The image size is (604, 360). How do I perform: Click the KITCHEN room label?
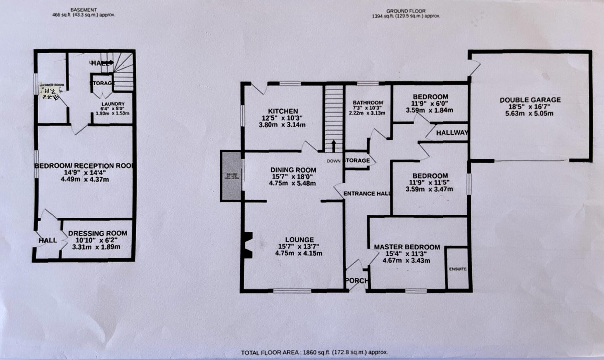coord(283,111)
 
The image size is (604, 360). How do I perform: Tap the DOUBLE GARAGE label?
coord(530,100)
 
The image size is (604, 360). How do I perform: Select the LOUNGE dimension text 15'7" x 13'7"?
coord(299,246)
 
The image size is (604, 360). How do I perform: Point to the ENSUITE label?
coord(458,269)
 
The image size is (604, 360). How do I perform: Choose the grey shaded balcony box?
coord(231,176)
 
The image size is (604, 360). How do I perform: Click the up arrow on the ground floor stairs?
coord(334,146)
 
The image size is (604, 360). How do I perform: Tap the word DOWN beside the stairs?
coord(334,161)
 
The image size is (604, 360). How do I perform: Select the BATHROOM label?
coord(368,103)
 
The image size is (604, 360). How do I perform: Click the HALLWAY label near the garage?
coord(452,133)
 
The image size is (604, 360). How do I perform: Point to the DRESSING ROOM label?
coord(98,233)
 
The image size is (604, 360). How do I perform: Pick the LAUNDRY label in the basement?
coord(113,104)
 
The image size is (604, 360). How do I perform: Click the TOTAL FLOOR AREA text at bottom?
coord(314,352)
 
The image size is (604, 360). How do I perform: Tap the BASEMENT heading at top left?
coord(83,10)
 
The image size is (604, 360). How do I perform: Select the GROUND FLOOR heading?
coord(406,11)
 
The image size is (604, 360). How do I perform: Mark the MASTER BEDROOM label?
coord(407,247)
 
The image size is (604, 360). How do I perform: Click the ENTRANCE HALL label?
coord(367,194)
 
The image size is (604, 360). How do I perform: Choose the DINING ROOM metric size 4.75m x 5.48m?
coord(292,183)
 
